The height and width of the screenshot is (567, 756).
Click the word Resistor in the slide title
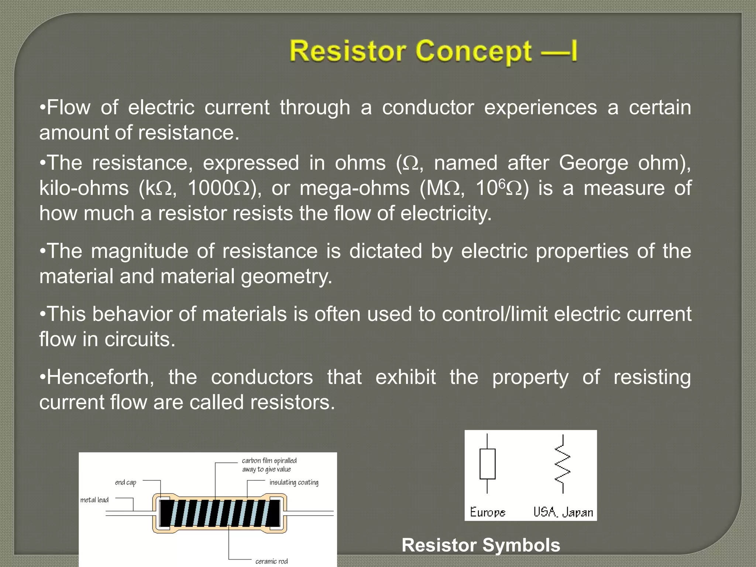[x=348, y=51]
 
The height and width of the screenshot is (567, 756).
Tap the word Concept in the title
[x=473, y=51]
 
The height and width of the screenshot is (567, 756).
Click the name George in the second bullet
[x=593, y=163]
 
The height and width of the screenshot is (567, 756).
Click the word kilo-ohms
[x=84, y=188]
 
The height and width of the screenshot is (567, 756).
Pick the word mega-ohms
[x=354, y=188]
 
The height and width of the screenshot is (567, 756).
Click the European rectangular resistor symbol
[x=487, y=464]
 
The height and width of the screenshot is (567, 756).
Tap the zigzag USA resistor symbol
[x=563, y=464]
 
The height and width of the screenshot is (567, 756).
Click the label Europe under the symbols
[x=487, y=512]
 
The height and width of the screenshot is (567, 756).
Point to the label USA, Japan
[x=563, y=512]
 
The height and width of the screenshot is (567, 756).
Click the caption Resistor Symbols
[x=481, y=545]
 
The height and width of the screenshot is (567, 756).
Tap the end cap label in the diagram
[x=126, y=482]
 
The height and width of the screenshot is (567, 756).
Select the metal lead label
[x=94, y=500]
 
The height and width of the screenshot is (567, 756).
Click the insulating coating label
[x=294, y=482]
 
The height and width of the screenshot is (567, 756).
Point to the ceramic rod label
[x=271, y=561]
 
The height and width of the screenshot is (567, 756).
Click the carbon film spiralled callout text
[x=269, y=465]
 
